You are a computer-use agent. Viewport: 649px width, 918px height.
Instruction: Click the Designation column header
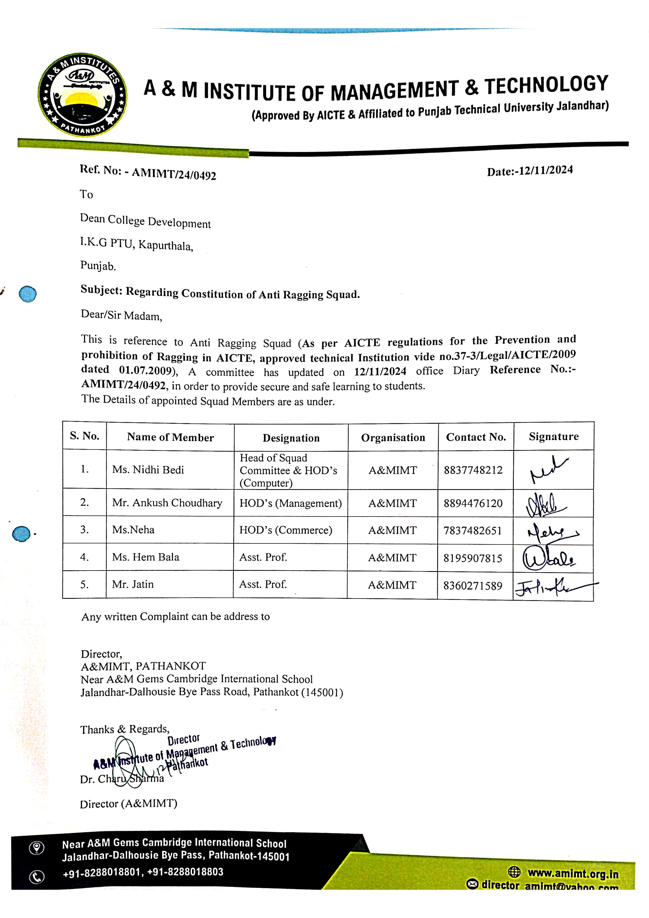point(291,438)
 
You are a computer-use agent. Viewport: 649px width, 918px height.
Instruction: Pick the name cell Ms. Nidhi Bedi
point(148,470)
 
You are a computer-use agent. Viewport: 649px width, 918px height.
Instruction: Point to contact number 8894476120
point(473,503)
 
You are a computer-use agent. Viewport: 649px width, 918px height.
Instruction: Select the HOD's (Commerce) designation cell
point(286,530)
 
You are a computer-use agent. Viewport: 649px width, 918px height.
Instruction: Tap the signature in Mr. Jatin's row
point(552,587)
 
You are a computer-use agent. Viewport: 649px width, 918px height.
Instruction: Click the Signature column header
point(553,437)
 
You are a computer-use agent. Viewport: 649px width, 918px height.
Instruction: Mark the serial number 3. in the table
point(85,530)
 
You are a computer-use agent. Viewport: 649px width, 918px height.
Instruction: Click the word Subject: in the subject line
point(101,289)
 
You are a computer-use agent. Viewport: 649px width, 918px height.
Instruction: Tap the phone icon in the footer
point(37,877)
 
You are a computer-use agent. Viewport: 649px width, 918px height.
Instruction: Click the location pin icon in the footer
point(37,848)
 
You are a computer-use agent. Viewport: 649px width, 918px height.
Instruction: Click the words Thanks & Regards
point(124,729)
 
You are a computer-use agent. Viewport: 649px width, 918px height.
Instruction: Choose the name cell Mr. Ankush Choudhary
point(167,503)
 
